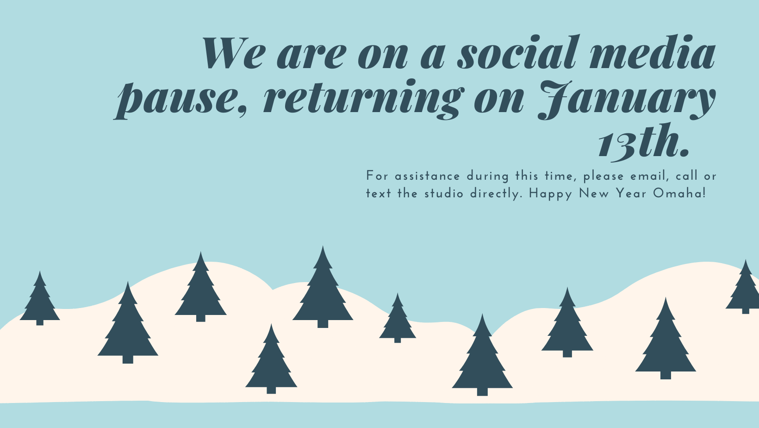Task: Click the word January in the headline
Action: click(x=627, y=100)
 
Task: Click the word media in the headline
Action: click(x=653, y=52)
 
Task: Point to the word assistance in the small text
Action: click(x=427, y=176)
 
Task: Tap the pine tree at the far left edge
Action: click(x=40, y=298)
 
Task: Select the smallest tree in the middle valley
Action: click(x=398, y=318)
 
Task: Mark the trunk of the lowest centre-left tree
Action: click(x=271, y=390)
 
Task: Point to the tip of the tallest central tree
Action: click(x=323, y=246)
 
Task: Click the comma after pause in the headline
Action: click(x=242, y=110)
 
